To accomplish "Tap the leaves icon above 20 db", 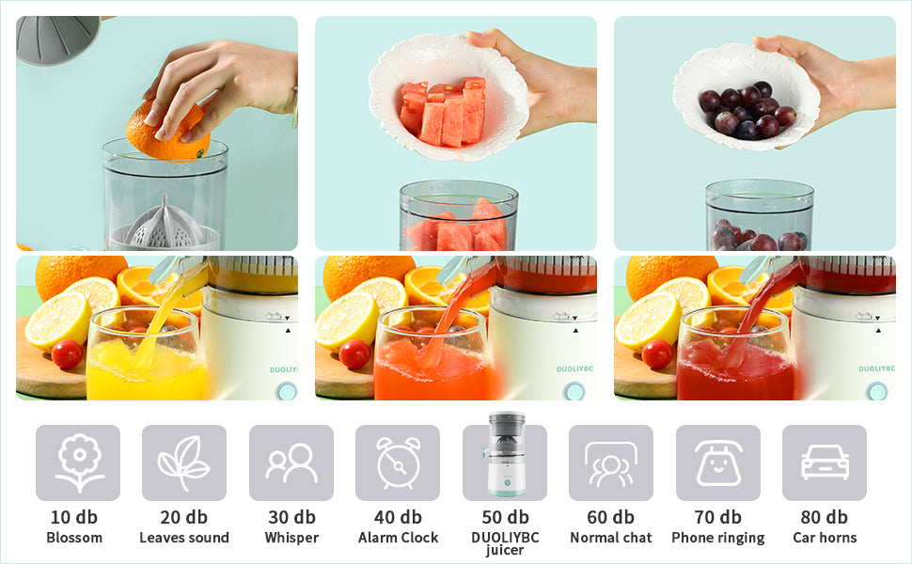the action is pyautogui.click(x=183, y=462).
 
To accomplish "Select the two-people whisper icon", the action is pyautogui.click(x=291, y=462).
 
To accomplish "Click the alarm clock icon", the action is pyautogui.click(x=399, y=462).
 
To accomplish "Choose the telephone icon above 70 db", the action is pyautogui.click(x=718, y=462).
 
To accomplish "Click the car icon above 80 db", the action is pyautogui.click(x=825, y=462).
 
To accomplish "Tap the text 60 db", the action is pyautogui.click(x=611, y=517).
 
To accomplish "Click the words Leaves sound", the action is pyautogui.click(x=184, y=538).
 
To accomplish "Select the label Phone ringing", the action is pyautogui.click(x=718, y=539).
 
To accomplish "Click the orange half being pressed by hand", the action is pyautogui.click(x=166, y=132).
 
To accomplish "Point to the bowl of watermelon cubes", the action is pyautogui.click(x=449, y=97).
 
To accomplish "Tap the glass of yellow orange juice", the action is pyautogui.click(x=146, y=353).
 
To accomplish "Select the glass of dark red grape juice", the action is pyautogui.click(x=736, y=353).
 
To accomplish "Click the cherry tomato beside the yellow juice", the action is pyautogui.click(x=67, y=354).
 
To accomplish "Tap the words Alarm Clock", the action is pyautogui.click(x=399, y=538).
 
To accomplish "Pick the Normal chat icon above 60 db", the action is pyautogui.click(x=611, y=463).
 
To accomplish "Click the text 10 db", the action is pyautogui.click(x=74, y=517).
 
